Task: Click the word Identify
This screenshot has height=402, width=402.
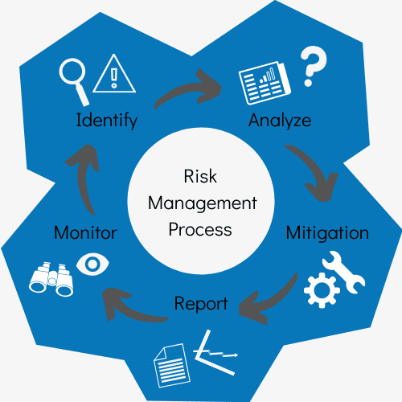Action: tap(107, 121)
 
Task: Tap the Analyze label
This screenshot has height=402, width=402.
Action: tap(280, 121)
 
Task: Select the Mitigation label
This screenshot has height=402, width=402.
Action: tap(327, 233)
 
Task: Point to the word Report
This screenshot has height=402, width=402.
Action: tap(201, 304)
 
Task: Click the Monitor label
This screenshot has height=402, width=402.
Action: tap(85, 232)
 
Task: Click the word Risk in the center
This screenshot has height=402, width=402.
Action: tap(200, 176)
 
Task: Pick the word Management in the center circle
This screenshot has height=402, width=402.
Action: tap(203, 203)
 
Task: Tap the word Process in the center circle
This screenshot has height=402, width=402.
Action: tap(200, 230)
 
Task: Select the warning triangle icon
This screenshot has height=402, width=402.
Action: tap(114, 73)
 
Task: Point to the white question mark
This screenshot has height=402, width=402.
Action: tap(313, 66)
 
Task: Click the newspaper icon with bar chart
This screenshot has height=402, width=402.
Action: tap(265, 83)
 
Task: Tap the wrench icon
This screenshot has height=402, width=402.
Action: tap(344, 272)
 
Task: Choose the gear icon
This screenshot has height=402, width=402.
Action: tap(322, 290)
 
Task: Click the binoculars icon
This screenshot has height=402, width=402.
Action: tap(51, 279)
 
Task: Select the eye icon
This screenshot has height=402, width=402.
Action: tap(92, 264)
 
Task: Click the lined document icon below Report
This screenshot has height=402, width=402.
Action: tap(172, 366)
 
